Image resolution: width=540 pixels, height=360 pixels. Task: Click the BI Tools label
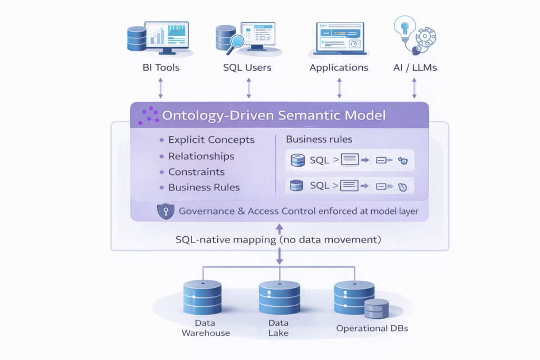click(161, 67)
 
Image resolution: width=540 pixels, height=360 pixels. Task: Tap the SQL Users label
click(247, 67)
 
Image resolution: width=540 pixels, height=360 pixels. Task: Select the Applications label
click(339, 67)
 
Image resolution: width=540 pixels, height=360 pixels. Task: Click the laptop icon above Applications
click(339, 38)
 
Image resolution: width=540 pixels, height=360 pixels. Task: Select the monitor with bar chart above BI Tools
click(167, 37)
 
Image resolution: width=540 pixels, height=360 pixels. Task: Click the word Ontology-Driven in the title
click(211, 115)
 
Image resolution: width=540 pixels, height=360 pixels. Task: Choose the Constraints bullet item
click(196, 172)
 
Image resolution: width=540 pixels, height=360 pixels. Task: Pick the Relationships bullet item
click(201, 156)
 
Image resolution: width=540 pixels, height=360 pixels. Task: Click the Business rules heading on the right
click(319, 140)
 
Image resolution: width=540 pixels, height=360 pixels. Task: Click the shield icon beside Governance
click(166, 212)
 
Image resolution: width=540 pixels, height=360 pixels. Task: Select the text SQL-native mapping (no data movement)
click(278, 240)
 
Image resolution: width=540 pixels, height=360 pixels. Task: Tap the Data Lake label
click(278, 328)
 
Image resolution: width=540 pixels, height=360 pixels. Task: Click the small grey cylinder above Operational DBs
click(376, 309)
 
